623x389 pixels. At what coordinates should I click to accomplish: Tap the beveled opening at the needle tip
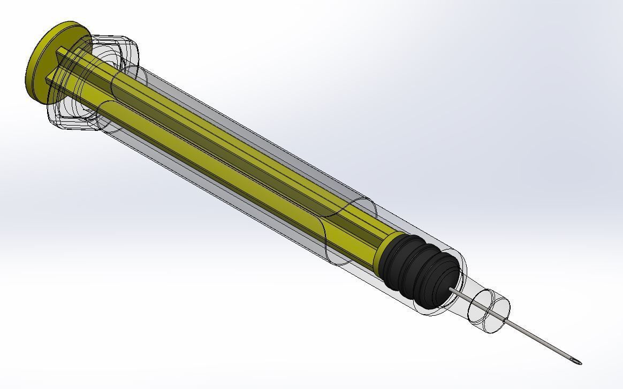pyautogui.click(x=577, y=362)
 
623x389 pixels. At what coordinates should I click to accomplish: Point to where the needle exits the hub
pyautogui.click(x=506, y=320)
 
